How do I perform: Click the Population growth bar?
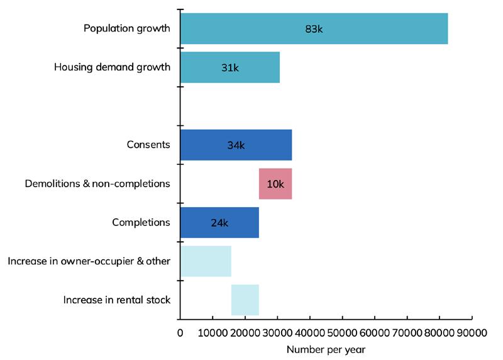click(314, 29)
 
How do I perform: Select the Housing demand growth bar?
click(229, 68)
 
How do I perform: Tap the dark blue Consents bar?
click(236, 145)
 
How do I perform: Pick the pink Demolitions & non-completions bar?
click(275, 184)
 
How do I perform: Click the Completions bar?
click(219, 222)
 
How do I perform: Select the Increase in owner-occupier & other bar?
click(206, 261)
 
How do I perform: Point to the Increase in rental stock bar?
click(245, 300)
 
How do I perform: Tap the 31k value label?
click(230, 68)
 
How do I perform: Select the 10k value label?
click(276, 184)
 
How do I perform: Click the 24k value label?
click(219, 223)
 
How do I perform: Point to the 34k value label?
click(236, 145)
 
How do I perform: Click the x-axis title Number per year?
click(326, 349)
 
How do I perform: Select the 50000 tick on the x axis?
click(342, 332)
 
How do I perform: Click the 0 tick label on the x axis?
click(180, 332)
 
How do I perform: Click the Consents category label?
click(148, 145)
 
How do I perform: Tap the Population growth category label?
click(127, 29)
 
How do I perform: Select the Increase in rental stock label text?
click(117, 300)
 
